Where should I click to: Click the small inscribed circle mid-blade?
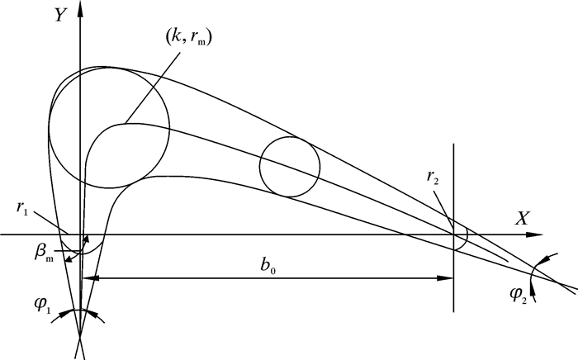tap(290, 167)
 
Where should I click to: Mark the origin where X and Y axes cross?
tap(79, 234)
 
